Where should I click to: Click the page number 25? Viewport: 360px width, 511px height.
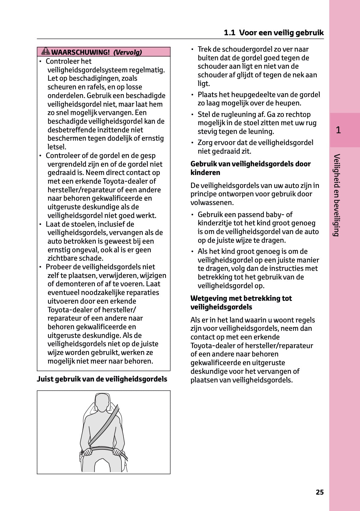320,492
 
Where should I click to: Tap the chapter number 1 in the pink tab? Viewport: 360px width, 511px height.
338,130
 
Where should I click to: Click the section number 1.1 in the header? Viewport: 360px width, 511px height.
230,33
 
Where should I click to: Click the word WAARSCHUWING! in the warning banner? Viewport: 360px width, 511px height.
80,52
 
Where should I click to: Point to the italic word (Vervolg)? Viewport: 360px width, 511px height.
128,52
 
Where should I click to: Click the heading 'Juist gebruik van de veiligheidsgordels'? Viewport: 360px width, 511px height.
102,379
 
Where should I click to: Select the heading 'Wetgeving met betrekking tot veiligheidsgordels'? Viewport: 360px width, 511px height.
241,303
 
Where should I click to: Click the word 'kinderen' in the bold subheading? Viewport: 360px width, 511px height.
205,172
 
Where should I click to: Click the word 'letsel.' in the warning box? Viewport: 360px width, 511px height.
57,147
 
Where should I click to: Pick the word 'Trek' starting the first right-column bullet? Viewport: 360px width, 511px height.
204,49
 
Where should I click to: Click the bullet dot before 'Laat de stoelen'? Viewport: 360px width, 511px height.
40,224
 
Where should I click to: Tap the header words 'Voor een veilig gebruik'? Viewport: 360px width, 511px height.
282,33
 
